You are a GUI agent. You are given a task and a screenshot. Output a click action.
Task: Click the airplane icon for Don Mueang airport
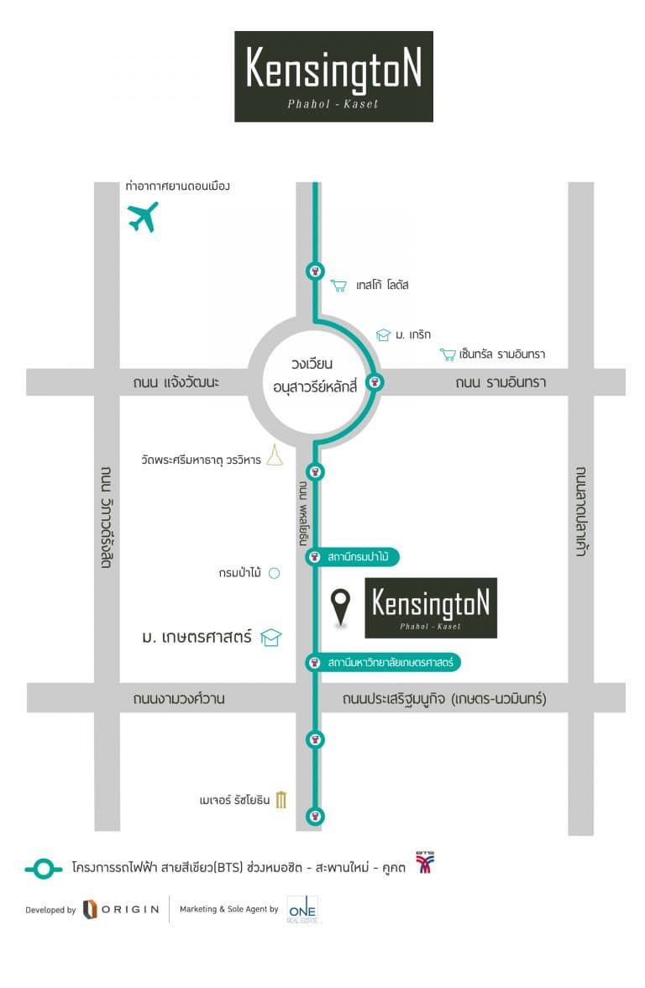[x=143, y=217]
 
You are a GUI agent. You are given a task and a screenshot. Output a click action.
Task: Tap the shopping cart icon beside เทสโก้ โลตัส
[x=338, y=286]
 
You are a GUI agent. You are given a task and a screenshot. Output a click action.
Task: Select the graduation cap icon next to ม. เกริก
[x=383, y=334]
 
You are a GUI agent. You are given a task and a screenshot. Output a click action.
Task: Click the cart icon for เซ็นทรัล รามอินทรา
[x=448, y=355]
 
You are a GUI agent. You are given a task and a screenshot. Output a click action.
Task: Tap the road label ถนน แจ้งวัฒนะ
[x=176, y=382]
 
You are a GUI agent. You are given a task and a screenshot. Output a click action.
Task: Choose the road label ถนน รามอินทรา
[x=501, y=382]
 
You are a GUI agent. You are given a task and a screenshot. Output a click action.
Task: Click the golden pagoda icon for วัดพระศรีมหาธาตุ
[x=275, y=456]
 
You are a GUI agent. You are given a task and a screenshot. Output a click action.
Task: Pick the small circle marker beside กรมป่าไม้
[x=273, y=574]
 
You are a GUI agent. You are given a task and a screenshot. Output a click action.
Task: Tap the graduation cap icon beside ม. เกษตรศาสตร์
[x=270, y=638]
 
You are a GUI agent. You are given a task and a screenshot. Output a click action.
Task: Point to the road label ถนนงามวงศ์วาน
[x=178, y=699]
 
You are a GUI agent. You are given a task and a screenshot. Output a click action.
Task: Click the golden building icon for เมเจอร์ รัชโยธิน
[x=281, y=799]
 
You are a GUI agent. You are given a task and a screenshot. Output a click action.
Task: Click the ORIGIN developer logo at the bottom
[x=121, y=909]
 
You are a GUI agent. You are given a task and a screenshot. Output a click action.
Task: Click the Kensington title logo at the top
[x=333, y=76]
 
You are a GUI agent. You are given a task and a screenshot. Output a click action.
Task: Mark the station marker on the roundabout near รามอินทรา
[x=376, y=382]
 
